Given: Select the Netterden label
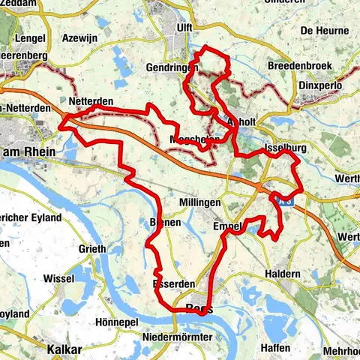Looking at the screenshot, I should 90,101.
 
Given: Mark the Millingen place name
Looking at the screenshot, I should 200,203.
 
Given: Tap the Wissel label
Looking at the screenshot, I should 59,277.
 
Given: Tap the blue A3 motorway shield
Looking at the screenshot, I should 283,200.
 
